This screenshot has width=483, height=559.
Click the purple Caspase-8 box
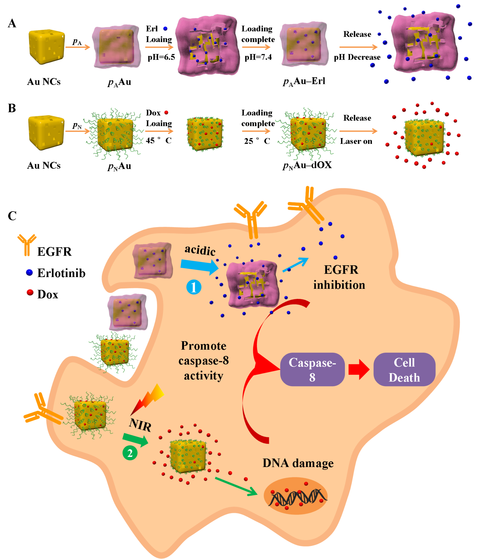click(312, 369)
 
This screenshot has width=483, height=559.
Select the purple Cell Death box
click(404, 369)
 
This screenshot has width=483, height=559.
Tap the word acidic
click(200, 250)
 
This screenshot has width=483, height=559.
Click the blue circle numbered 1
click(194, 287)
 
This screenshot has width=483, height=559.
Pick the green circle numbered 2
click(130, 453)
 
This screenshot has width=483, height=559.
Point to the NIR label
click(140, 426)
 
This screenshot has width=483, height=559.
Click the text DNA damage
click(298, 463)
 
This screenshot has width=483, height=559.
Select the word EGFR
click(341, 270)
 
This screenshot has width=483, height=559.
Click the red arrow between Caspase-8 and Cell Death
click(359, 369)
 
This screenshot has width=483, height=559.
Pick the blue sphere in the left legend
click(29, 272)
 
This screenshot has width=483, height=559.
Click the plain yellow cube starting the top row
click(46, 47)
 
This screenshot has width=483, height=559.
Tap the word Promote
click(203, 346)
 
